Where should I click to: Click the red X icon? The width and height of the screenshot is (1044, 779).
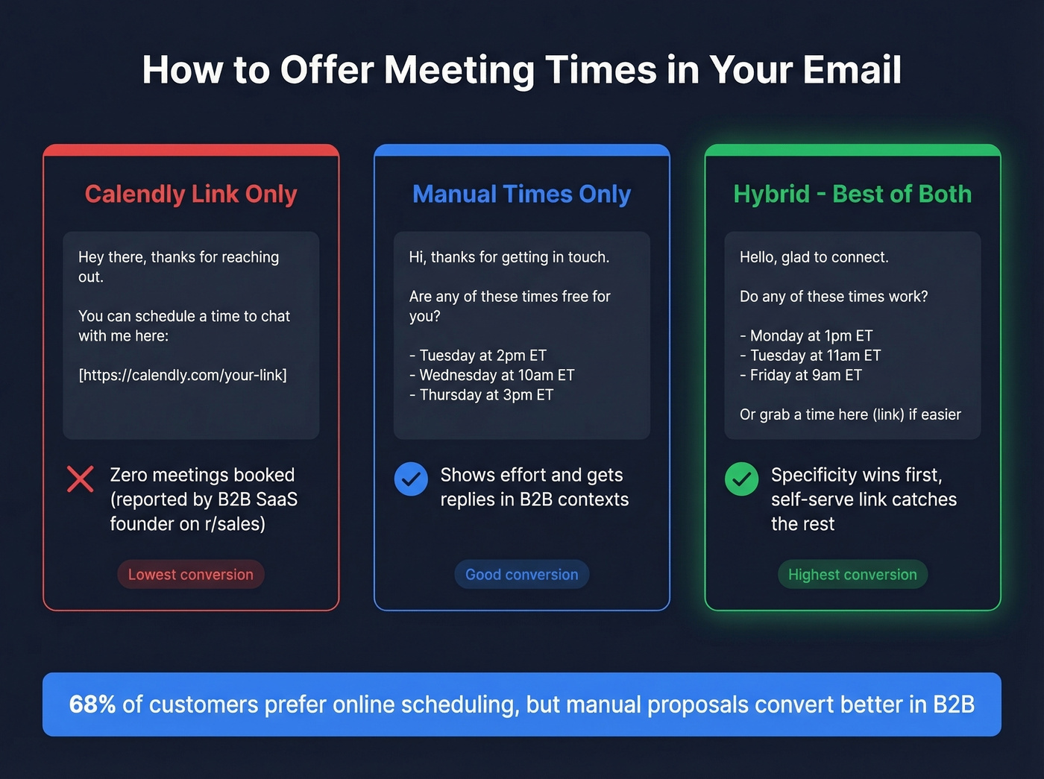(81, 479)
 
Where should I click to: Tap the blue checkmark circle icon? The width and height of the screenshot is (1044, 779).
(411, 479)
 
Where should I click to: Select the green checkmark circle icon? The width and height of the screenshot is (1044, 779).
(741, 479)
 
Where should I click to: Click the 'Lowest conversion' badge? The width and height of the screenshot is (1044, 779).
(191, 575)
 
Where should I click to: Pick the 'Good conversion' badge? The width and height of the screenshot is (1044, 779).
(522, 575)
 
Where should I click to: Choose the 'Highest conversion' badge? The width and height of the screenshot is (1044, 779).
(852, 575)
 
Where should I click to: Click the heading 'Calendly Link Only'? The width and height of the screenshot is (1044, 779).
(191, 194)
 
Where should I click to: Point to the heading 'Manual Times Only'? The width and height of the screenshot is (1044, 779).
(522, 194)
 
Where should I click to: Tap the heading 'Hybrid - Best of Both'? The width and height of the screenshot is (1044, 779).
(852, 194)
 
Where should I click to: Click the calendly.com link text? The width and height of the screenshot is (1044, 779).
(183, 375)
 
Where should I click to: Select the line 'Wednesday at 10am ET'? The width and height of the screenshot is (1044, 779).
(492, 375)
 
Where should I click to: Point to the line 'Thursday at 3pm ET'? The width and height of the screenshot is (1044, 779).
(482, 395)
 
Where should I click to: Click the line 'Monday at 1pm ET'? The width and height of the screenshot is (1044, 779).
(806, 335)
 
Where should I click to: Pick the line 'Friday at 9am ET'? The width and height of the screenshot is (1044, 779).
(801, 375)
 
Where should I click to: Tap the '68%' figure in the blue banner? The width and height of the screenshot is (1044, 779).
(92, 704)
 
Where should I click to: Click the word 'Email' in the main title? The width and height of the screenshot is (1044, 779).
(852, 70)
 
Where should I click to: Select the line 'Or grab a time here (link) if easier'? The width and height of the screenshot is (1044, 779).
(850, 414)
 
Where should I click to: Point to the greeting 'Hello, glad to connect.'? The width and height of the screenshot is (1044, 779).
(814, 257)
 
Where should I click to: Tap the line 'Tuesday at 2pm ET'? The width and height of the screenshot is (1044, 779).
(478, 356)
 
